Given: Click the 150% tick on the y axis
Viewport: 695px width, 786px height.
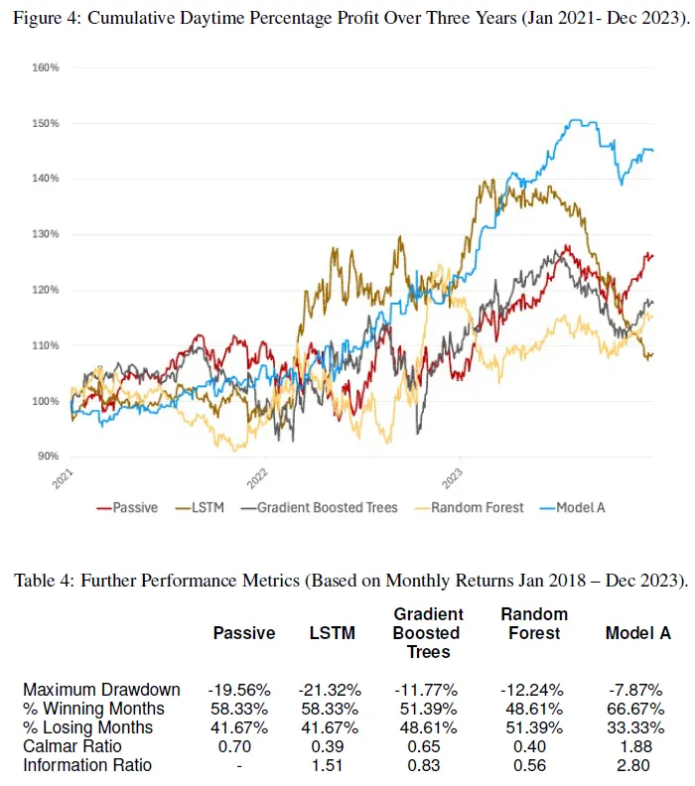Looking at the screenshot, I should click(x=47, y=124).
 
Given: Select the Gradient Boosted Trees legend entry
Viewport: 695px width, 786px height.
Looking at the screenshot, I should click(x=327, y=507).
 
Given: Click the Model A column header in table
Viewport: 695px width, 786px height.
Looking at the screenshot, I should click(x=638, y=633).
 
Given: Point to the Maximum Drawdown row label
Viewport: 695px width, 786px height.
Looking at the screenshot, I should click(x=101, y=690).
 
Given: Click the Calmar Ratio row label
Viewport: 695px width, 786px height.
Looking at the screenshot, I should click(x=72, y=746).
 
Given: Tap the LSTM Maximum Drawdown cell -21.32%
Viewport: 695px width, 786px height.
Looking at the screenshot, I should click(x=330, y=690).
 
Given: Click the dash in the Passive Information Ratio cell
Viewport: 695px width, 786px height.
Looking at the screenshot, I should click(x=242, y=765).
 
